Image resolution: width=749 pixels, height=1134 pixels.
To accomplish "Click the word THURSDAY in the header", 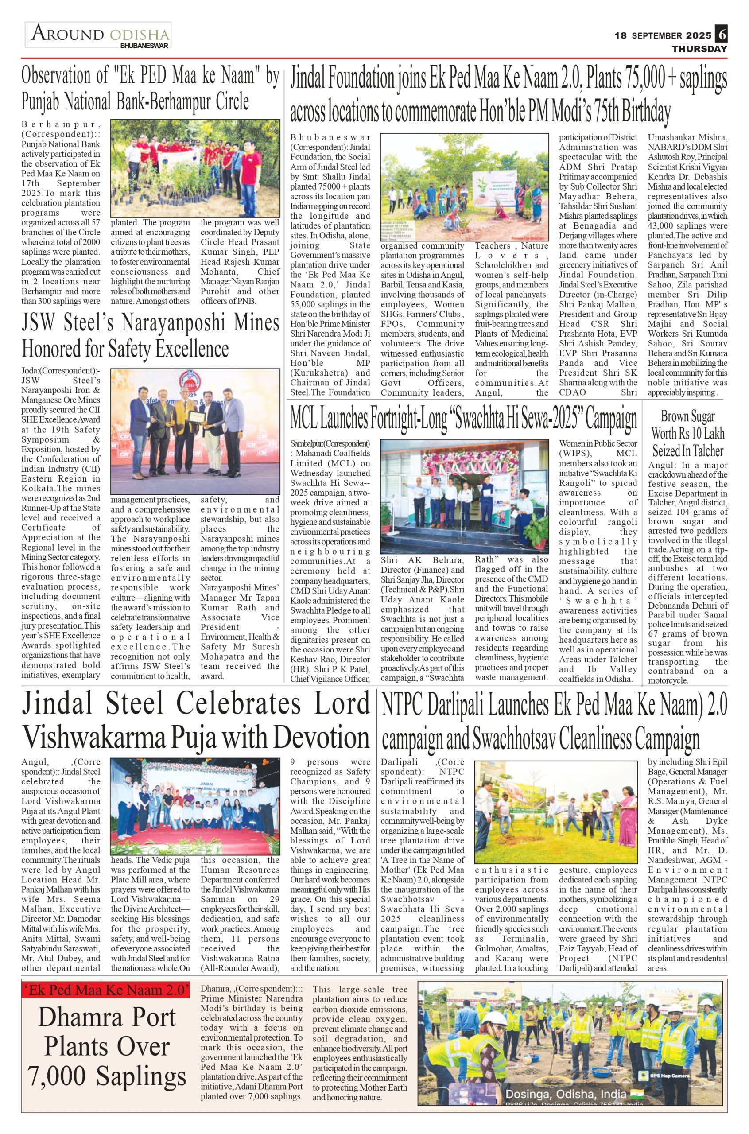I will coord(699,49).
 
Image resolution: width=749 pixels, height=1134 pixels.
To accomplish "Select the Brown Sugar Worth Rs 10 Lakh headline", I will coord(688,433).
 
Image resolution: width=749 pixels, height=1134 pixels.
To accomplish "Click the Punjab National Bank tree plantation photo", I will coord(195,168).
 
